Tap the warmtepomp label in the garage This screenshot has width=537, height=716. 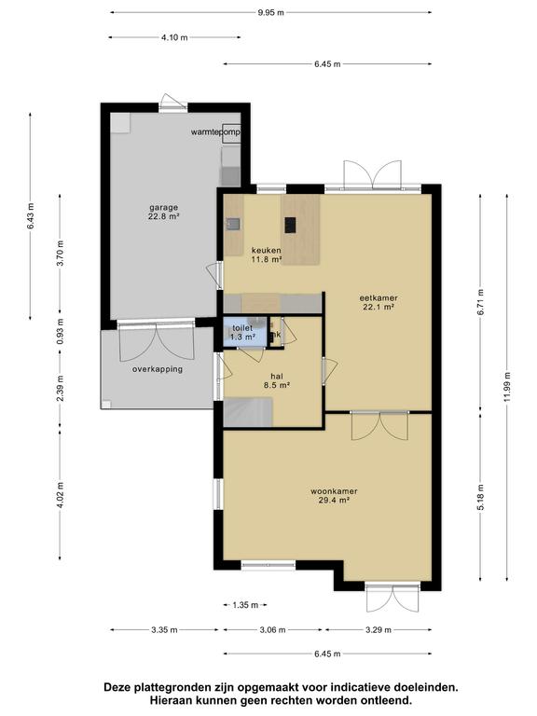coord(215,132)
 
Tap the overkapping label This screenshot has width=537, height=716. coord(158,369)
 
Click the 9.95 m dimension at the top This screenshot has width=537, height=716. coord(270,13)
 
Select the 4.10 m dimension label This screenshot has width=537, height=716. coord(174,38)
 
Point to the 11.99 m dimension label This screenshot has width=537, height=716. coord(507,388)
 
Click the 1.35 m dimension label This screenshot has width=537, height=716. coord(245,605)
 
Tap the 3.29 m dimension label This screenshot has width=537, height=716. coord(378,630)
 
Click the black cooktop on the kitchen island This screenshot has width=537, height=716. coord(290,225)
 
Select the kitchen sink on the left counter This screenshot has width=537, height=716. coord(234,224)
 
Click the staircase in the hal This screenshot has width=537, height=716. coord(248,412)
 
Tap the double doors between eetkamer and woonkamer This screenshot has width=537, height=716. coord(379,425)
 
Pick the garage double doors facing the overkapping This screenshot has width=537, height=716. coord(157,340)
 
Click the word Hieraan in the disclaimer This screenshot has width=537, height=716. coord(169,700)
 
